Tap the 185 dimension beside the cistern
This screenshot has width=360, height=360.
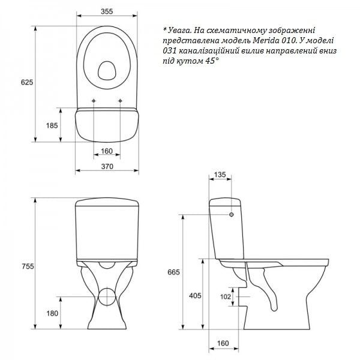(x=52, y=125)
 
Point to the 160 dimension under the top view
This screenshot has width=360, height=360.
(x=107, y=151)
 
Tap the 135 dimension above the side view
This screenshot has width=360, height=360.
(x=220, y=175)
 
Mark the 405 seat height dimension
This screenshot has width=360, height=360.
(x=194, y=296)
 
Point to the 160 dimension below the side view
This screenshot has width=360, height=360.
(x=223, y=344)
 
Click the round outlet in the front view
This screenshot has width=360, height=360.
(x=108, y=296)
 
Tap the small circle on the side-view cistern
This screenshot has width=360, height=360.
(x=232, y=214)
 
